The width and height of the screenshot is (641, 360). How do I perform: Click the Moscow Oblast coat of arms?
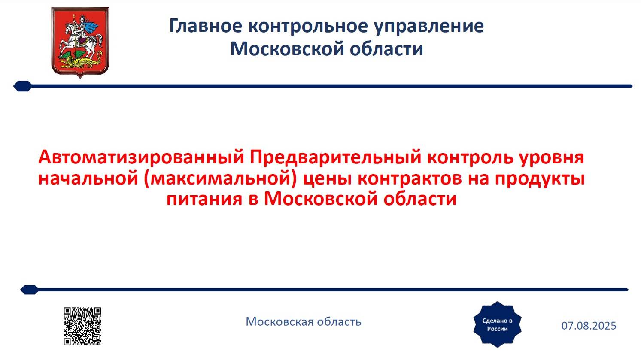[x=80, y=42]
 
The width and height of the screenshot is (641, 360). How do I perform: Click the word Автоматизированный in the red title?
[x=141, y=157]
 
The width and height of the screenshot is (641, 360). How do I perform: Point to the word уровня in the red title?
[x=551, y=157]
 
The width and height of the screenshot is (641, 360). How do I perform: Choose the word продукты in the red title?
[x=540, y=178]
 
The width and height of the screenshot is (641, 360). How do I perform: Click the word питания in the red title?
[x=204, y=199]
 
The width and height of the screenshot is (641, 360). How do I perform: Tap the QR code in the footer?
[x=82, y=326]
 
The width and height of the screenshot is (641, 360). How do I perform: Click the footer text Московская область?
[x=304, y=321]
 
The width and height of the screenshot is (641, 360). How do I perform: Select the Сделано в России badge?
[x=497, y=324]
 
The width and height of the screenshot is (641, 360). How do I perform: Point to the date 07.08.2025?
[x=589, y=326]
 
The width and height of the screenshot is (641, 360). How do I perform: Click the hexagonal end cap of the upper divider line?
[x=22, y=86]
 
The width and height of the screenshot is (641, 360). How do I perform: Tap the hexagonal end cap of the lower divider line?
[x=29, y=290]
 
